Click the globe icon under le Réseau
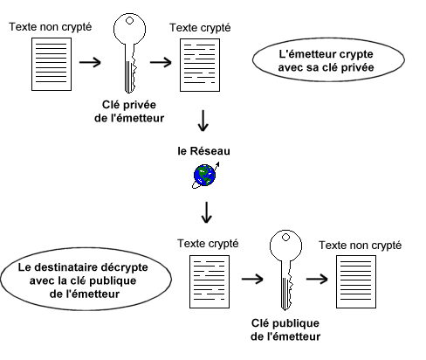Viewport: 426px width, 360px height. pyautogui.click(x=205, y=176)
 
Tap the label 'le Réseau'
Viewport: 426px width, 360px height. pyautogui.click(x=203, y=151)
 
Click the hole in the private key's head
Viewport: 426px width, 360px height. pyautogui.click(x=129, y=21)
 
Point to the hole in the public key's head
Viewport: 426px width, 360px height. pyautogui.click(x=285, y=238)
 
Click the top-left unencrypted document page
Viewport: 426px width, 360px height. pyautogui.click(x=52, y=64)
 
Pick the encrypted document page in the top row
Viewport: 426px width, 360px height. pyautogui.click(x=200, y=65)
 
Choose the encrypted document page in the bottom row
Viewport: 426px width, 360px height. pyautogui.click(x=210, y=281)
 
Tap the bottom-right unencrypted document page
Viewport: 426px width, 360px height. pyautogui.click(x=356, y=281)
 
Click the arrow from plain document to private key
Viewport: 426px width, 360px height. pyautogui.click(x=90, y=62)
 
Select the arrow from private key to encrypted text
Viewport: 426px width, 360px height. pyautogui.click(x=161, y=62)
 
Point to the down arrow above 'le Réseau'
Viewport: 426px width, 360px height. pyautogui.click(x=203, y=121)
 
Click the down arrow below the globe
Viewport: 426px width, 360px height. pyautogui.click(x=206, y=212)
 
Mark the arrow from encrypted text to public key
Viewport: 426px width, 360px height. pyautogui.click(x=252, y=279)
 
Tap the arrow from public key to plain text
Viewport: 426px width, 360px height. pyautogui.click(x=317, y=279)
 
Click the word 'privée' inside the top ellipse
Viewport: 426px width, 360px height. pyautogui.click(x=357, y=67)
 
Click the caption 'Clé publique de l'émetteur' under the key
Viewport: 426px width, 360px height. pyautogui.click(x=285, y=329)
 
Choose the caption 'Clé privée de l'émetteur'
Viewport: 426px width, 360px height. pyautogui.click(x=129, y=111)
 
